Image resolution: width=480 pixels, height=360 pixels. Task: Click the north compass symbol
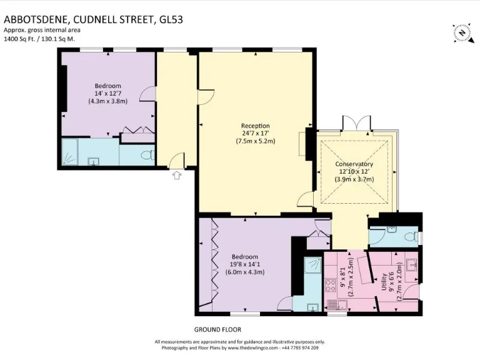click(461, 32)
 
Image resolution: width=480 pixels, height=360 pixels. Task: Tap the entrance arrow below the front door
click(177, 176)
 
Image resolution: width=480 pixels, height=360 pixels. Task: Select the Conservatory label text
click(356, 164)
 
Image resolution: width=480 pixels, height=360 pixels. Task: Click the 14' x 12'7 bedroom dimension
click(107, 93)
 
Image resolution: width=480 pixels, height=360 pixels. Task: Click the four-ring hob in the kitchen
click(331, 285)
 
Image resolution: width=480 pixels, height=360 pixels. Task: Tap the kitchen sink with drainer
click(338, 305)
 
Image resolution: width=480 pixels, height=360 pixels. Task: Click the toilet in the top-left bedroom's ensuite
click(147, 154)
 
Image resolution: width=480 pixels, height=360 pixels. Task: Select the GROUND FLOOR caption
click(218, 329)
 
